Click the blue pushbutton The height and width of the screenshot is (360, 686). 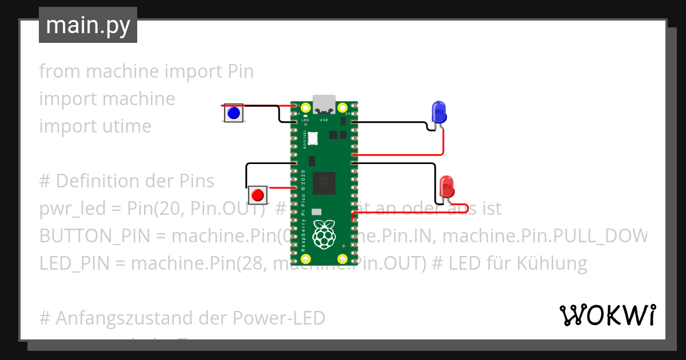click(233, 113)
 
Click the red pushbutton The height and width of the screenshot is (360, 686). click(258, 195)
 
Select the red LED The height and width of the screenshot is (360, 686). click(446, 187)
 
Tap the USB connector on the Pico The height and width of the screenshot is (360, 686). click(324, 103)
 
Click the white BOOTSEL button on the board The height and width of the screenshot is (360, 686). click(313, 138)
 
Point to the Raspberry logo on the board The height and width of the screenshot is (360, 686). click(324, 233)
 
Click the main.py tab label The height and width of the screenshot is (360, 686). click(88, 26)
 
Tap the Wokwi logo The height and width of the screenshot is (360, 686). click(607, 315)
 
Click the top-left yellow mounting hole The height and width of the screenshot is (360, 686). click(306, 107)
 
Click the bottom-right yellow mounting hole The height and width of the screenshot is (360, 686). click(342, 259)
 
